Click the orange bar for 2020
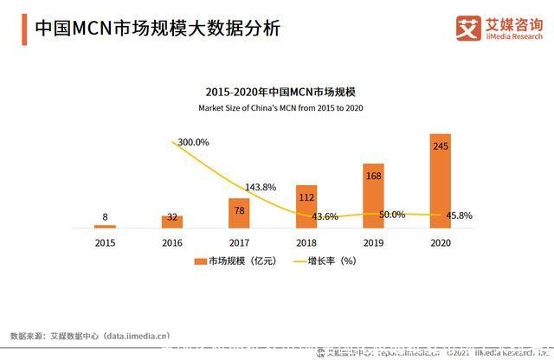tap(441, 182)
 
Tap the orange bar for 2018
tap(306, 207)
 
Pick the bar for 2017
tap(239, 213)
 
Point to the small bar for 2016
tap(172, 222)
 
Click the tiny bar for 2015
tap(105, 226)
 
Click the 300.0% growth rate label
tap(191, 142)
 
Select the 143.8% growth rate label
tap(261, 187)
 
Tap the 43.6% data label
tap(325, 216)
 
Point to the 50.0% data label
tap(392, 214)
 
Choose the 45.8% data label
tap(459, 215)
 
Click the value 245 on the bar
tap(441, 147)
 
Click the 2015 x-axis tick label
tap(105, 242)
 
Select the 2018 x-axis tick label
tap(306, 242)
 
